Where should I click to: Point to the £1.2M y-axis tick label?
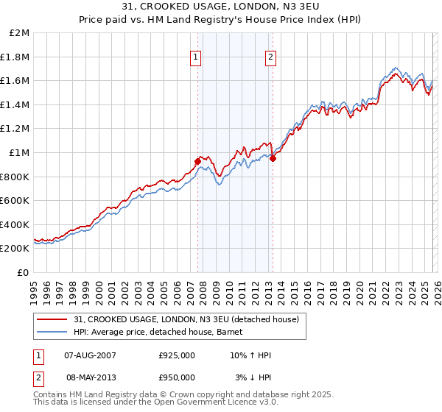pos(15,129)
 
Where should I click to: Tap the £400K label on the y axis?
pos(15,224)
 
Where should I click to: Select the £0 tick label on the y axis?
pos(23,272)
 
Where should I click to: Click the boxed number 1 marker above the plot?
pos(197,57)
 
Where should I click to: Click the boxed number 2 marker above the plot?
pos(270,57)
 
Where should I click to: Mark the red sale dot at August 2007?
pos(197,161)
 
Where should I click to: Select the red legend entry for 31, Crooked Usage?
pos(186,319)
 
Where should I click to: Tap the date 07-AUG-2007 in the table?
pos(91,355)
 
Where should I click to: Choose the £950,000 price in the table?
pos(177,377)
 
